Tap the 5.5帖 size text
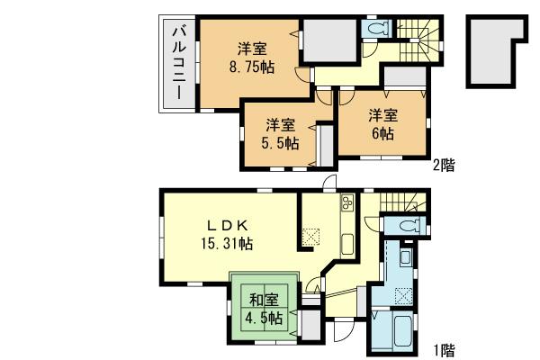[x=280, y=142]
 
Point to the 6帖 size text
[x=382, y=132]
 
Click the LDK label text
[x=227, y=225]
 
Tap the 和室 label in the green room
[x=264, y=300]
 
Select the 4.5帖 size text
[x=264, y=318]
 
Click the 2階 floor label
[x=443, y=165]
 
